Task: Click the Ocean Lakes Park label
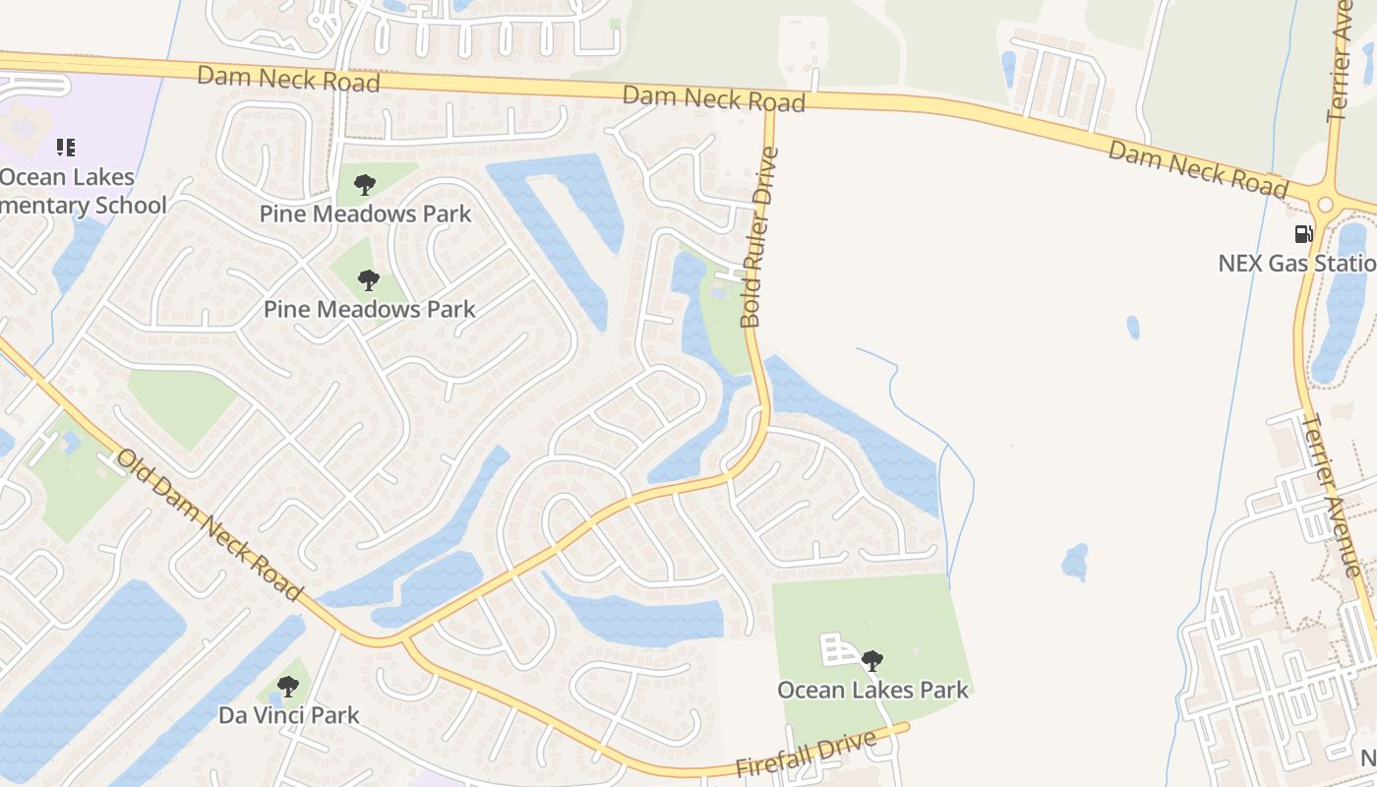[872, 690]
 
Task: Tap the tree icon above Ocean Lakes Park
[871, 660]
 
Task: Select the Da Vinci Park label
[288, 715]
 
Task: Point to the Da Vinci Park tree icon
[287, 686]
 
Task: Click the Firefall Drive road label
[806, 754]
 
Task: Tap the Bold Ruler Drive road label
[758, 237]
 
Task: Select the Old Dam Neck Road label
[208, 525]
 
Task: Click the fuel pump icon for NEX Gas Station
[1303, 234]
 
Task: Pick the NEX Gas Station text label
[1296, 264]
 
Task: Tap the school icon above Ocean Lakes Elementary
[65, 149]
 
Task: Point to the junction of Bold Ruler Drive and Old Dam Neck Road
[404, 641]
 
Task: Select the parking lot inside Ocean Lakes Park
[838, 649]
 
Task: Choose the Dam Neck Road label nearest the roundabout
[1197, 168]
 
